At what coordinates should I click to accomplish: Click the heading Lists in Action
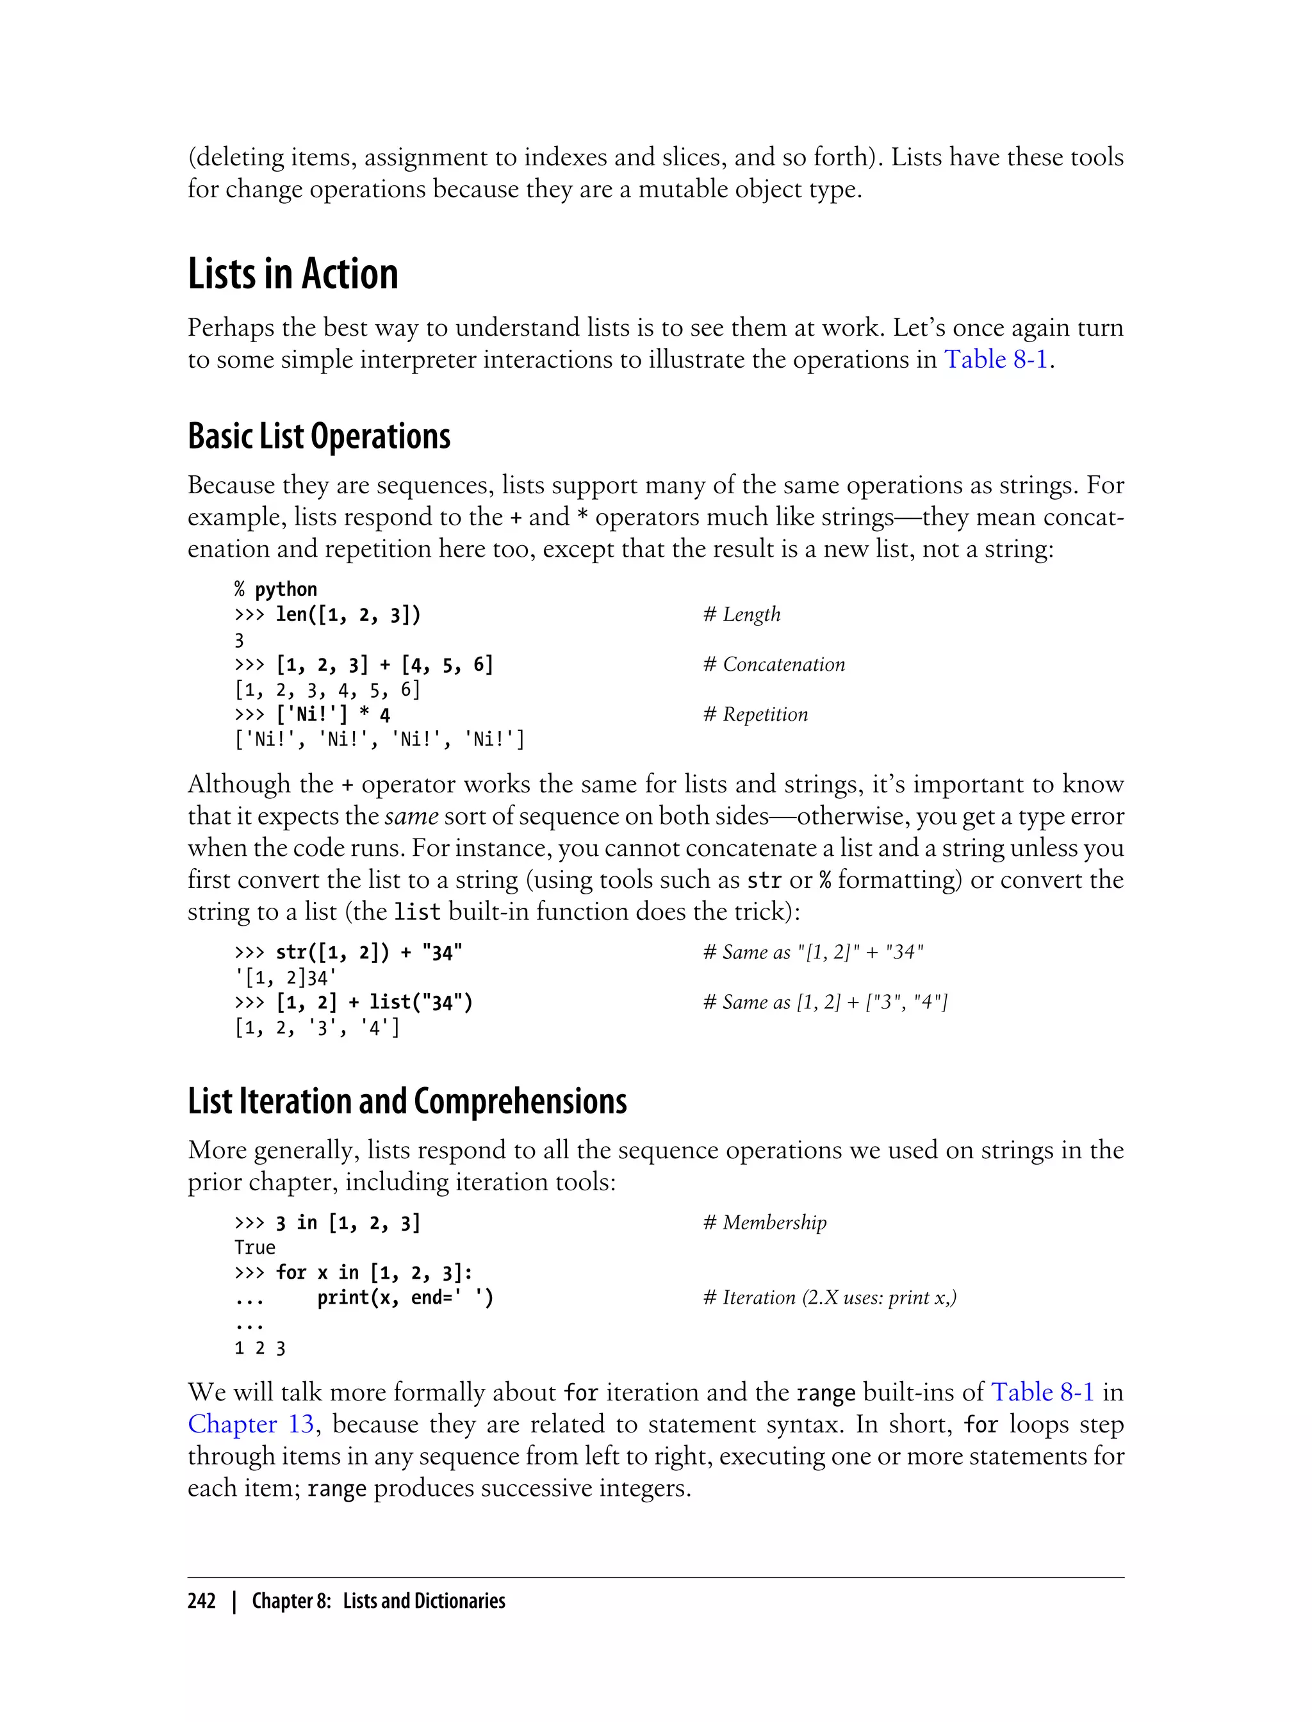[x=293, y=274]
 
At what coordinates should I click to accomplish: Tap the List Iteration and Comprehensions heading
[x=407, y=1101]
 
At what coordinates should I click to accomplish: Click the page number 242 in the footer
[x=202, y=1600]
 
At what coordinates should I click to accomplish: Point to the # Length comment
[x=741, y=614]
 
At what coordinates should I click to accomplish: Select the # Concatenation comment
[x=774, y=664]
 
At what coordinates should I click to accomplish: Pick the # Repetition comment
[x=755, y=714]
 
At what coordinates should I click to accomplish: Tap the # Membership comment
[x=764, y=1222]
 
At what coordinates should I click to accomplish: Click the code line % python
[x=275, y=589]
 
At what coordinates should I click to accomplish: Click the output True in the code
[x=254, y=1247]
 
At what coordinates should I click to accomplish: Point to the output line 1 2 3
[x=260, y=1348]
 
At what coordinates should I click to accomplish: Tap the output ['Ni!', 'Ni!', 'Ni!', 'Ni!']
[x=379, y=739]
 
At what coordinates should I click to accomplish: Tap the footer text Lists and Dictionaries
[x=424, y=1600]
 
